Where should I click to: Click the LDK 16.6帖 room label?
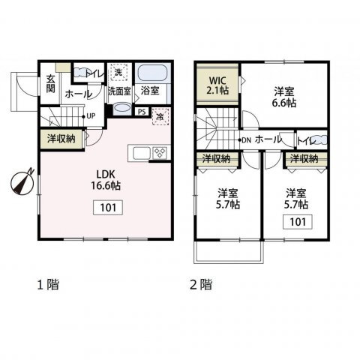tap(106, 180)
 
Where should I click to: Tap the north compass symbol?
tap(22, 183)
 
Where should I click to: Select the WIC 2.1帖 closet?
tap(217, 85)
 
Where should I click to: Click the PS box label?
tap(142, 112)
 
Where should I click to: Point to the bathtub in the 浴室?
tap(152, 73)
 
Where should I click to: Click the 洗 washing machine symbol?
tap(119, 72)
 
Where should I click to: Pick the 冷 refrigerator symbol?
tap(160, 116)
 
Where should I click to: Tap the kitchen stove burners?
tap(160, 152)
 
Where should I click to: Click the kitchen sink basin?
tap(142, 153)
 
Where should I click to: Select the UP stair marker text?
tap(91, 116)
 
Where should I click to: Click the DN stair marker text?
tap(247, 140)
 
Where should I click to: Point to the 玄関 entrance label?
tap(50, 84)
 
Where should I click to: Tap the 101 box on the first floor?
tap(108, 208)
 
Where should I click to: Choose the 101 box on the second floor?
tap(298, 221)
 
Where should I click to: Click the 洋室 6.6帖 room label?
tap(284, 97)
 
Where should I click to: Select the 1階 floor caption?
tap(48, 284)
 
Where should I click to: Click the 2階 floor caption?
tap(201, 284)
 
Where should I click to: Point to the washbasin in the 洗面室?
tap(121, 109)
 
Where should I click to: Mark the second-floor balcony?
tap(229, 251)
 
